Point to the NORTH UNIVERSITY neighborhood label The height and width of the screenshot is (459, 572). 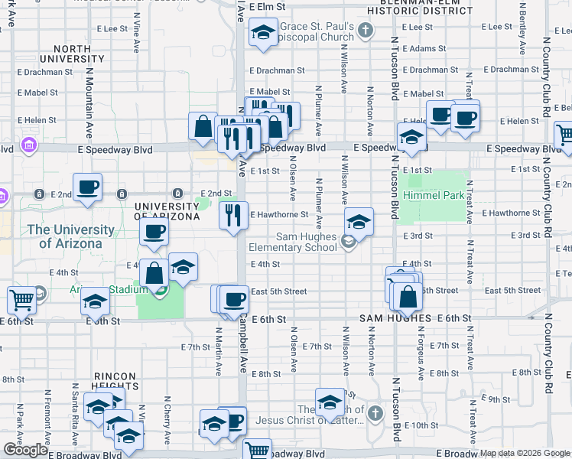click(x=77, y=54)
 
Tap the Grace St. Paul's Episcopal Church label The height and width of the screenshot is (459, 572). click(x=315, y=31)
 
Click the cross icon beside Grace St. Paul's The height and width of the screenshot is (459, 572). click(x=366, y=31)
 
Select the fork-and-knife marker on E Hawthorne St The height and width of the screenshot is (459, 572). click(x=233, y=215)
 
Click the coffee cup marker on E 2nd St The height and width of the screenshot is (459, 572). click(x=87, y=187)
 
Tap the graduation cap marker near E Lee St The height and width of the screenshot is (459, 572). click(x=263, y=34)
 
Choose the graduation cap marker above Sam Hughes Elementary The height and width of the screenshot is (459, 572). click(x=359, y=222)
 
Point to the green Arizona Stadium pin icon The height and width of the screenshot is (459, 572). click(x=160, y=288)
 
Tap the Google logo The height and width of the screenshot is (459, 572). click(x=26, y=450)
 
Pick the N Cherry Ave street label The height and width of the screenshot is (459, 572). click(x=167, y=419)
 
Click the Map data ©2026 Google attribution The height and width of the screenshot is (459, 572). click(x=524, y=453)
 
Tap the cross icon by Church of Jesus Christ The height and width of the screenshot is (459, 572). click(x=375, y=414)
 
